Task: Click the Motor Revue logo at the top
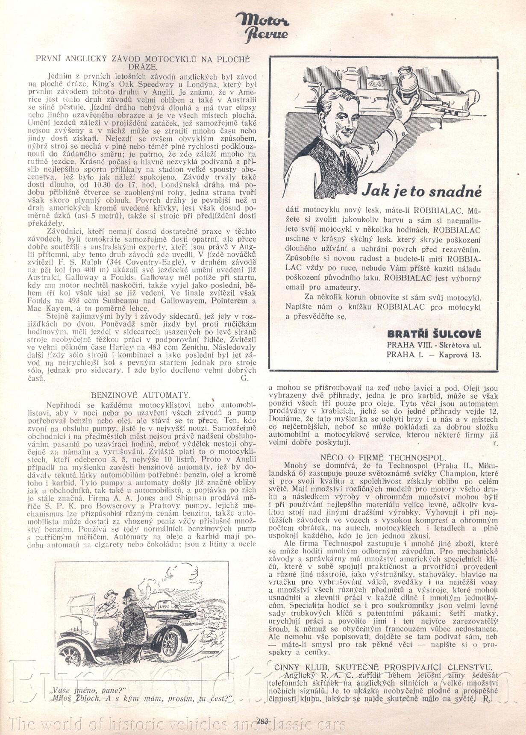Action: pos(262,26)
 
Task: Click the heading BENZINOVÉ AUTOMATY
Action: pos(141,395)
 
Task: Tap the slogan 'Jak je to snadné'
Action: pos(421,191)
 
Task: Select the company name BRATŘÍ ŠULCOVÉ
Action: pos(434,334)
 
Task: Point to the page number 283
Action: pos(262,721)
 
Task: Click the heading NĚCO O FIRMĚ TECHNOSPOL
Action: pos(383,457)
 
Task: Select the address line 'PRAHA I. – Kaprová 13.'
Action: pos(434,354)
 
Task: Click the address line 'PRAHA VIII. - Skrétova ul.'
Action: pos(434,344)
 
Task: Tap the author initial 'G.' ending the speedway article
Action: pos(244,378)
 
